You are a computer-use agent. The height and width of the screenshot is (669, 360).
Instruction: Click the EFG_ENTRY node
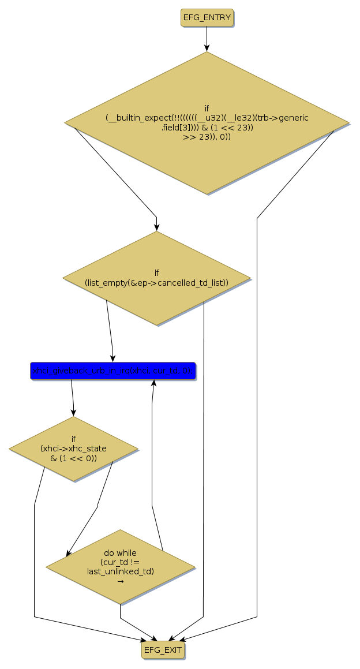click(x=207, y=18)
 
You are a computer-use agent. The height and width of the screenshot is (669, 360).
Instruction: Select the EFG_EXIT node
click(x=163, y=650)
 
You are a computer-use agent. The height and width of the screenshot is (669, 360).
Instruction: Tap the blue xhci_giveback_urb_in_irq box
click(x=113, y=371)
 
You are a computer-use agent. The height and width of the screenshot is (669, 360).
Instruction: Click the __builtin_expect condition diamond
click(x=207, y=122)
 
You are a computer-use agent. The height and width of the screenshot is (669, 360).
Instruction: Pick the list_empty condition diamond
click(x=156, y=278)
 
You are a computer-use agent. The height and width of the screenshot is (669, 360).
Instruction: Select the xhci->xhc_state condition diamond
click(x=73, y=449)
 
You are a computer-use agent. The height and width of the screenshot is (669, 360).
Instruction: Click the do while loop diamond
click(x=120, y=566)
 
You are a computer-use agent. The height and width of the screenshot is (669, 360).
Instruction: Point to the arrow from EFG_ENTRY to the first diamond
click(x=207, y=39)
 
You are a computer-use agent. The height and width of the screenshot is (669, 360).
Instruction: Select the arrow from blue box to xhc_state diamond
click(x=72, y=398)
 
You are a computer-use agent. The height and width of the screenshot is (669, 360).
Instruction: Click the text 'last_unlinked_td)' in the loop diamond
click(x=121, y=571)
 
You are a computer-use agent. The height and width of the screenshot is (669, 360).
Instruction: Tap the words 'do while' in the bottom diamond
click(x=121, y=553)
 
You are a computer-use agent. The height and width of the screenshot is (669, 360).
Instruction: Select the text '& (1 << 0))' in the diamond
click(x=73, y=458)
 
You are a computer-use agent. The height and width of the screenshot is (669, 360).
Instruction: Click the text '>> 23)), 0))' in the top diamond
click(x=207, y=137)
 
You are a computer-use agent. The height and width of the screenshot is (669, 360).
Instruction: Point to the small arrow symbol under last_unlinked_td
click(x=121, y=581)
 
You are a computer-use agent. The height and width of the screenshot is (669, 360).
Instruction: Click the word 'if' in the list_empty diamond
click(x=156, y=273)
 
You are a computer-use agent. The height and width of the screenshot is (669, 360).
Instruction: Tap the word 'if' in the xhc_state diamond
click(x=73, y=439)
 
